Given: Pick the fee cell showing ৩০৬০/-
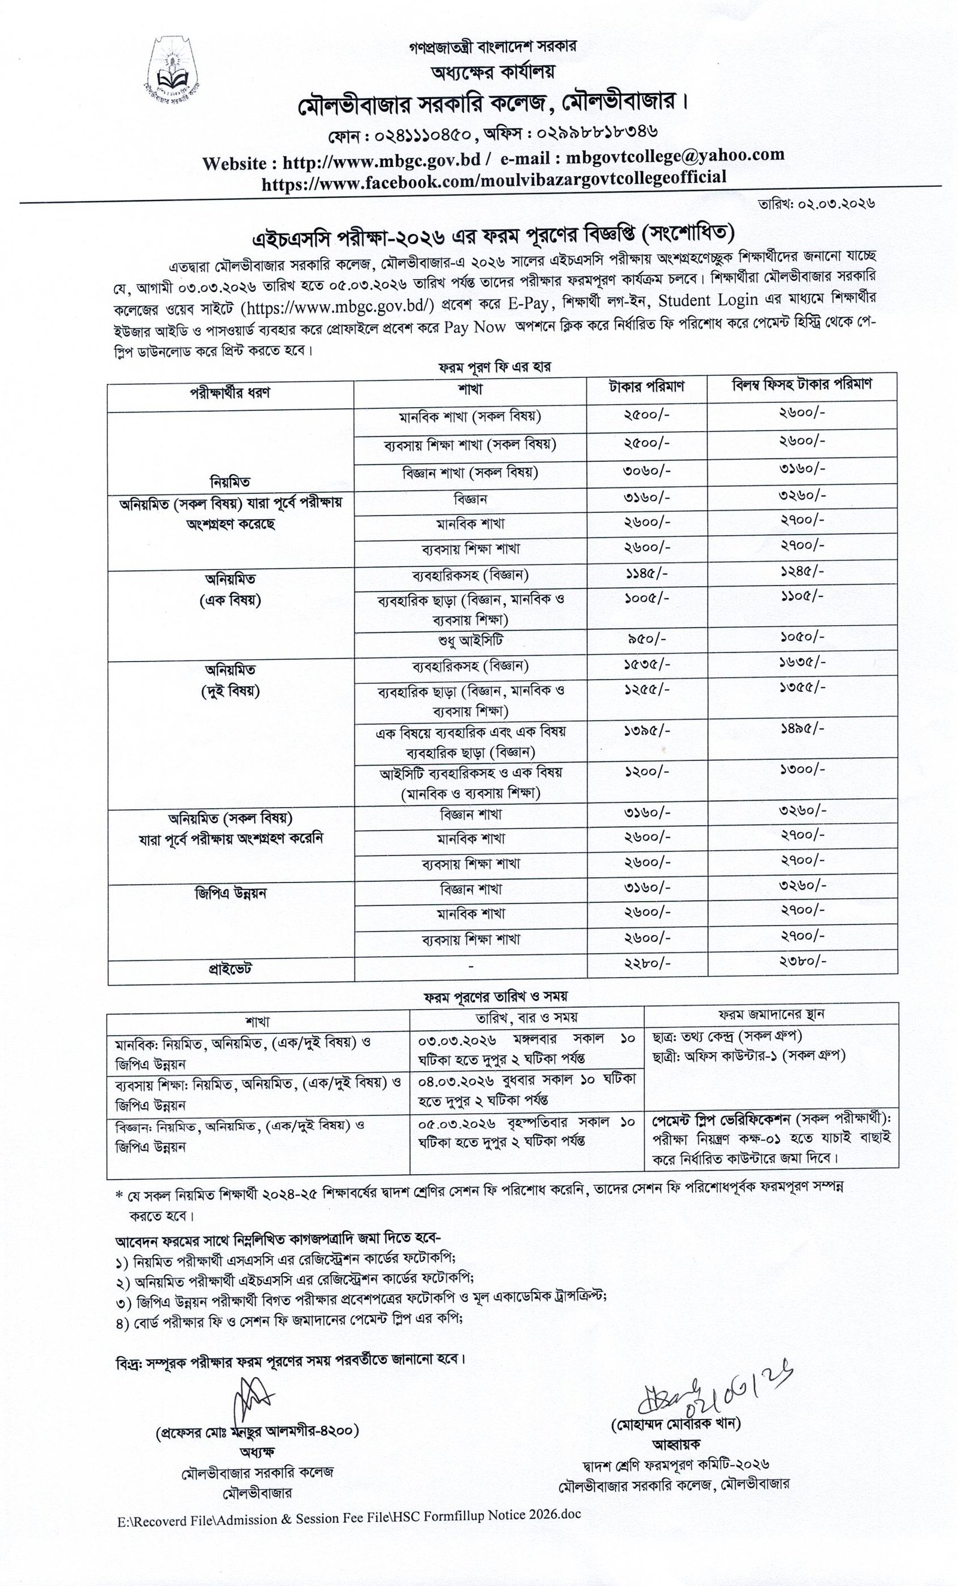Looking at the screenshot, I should (x=647, y=470).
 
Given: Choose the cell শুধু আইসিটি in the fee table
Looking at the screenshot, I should (x=470, y=641).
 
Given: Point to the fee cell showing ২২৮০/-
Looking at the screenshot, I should (x=647, y=963).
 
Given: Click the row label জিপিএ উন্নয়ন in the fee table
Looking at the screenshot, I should (x=231, y=893).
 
